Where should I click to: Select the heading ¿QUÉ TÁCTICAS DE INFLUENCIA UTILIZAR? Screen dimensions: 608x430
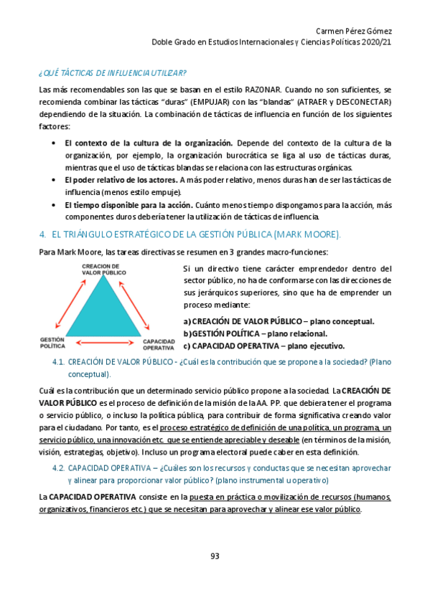(113, 73)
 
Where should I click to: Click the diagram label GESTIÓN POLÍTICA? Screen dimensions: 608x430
(52, 343)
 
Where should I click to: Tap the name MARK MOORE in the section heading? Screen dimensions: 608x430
(310, 234)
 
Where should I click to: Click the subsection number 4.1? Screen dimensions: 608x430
(60, 362)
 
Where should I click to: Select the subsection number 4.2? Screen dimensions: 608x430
(60, 468)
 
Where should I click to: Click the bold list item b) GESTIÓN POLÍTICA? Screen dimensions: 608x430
(244, 333)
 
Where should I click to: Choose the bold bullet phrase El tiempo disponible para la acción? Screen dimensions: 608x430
(129, 204)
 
